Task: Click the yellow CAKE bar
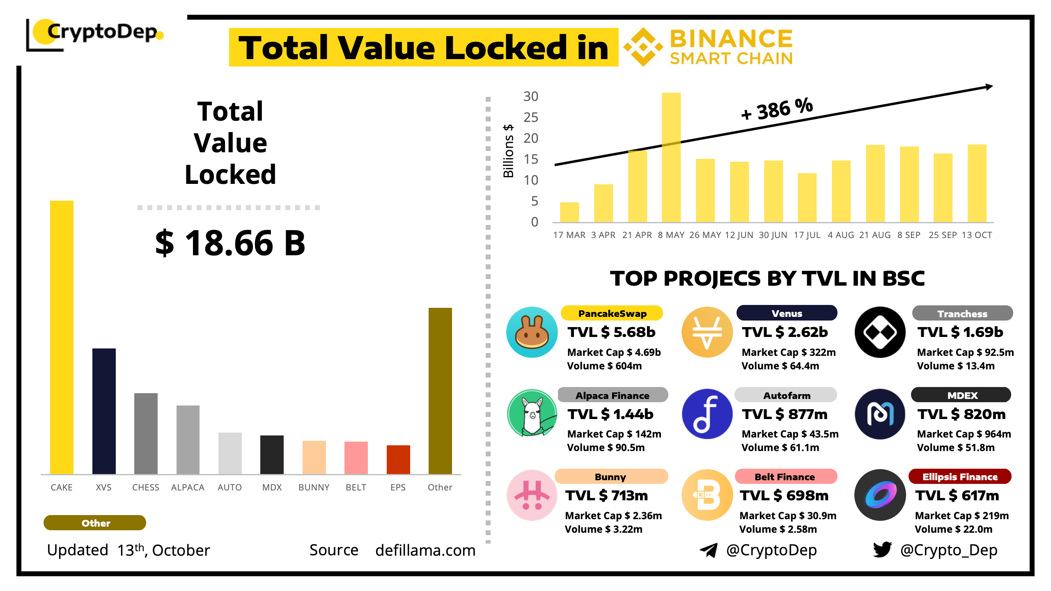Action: [62, 337]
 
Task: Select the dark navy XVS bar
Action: [104, 410]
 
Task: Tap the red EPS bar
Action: [398, 459]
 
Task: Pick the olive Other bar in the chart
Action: [440, 390]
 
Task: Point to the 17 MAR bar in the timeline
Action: [569, 212]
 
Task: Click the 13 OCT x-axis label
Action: [977, 235]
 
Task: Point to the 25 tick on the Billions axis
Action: [531, 118]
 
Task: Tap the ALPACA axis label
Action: [188, 487]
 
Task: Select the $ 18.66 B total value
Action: [230, 243]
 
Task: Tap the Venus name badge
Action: [787, 313]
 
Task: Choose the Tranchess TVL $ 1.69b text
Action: [960, 332]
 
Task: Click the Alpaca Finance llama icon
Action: [532, 414]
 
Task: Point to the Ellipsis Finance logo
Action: [880, 495]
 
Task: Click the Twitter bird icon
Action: [882, 550]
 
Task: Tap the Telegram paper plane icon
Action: [709, 550]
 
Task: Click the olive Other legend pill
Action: [95, 523]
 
